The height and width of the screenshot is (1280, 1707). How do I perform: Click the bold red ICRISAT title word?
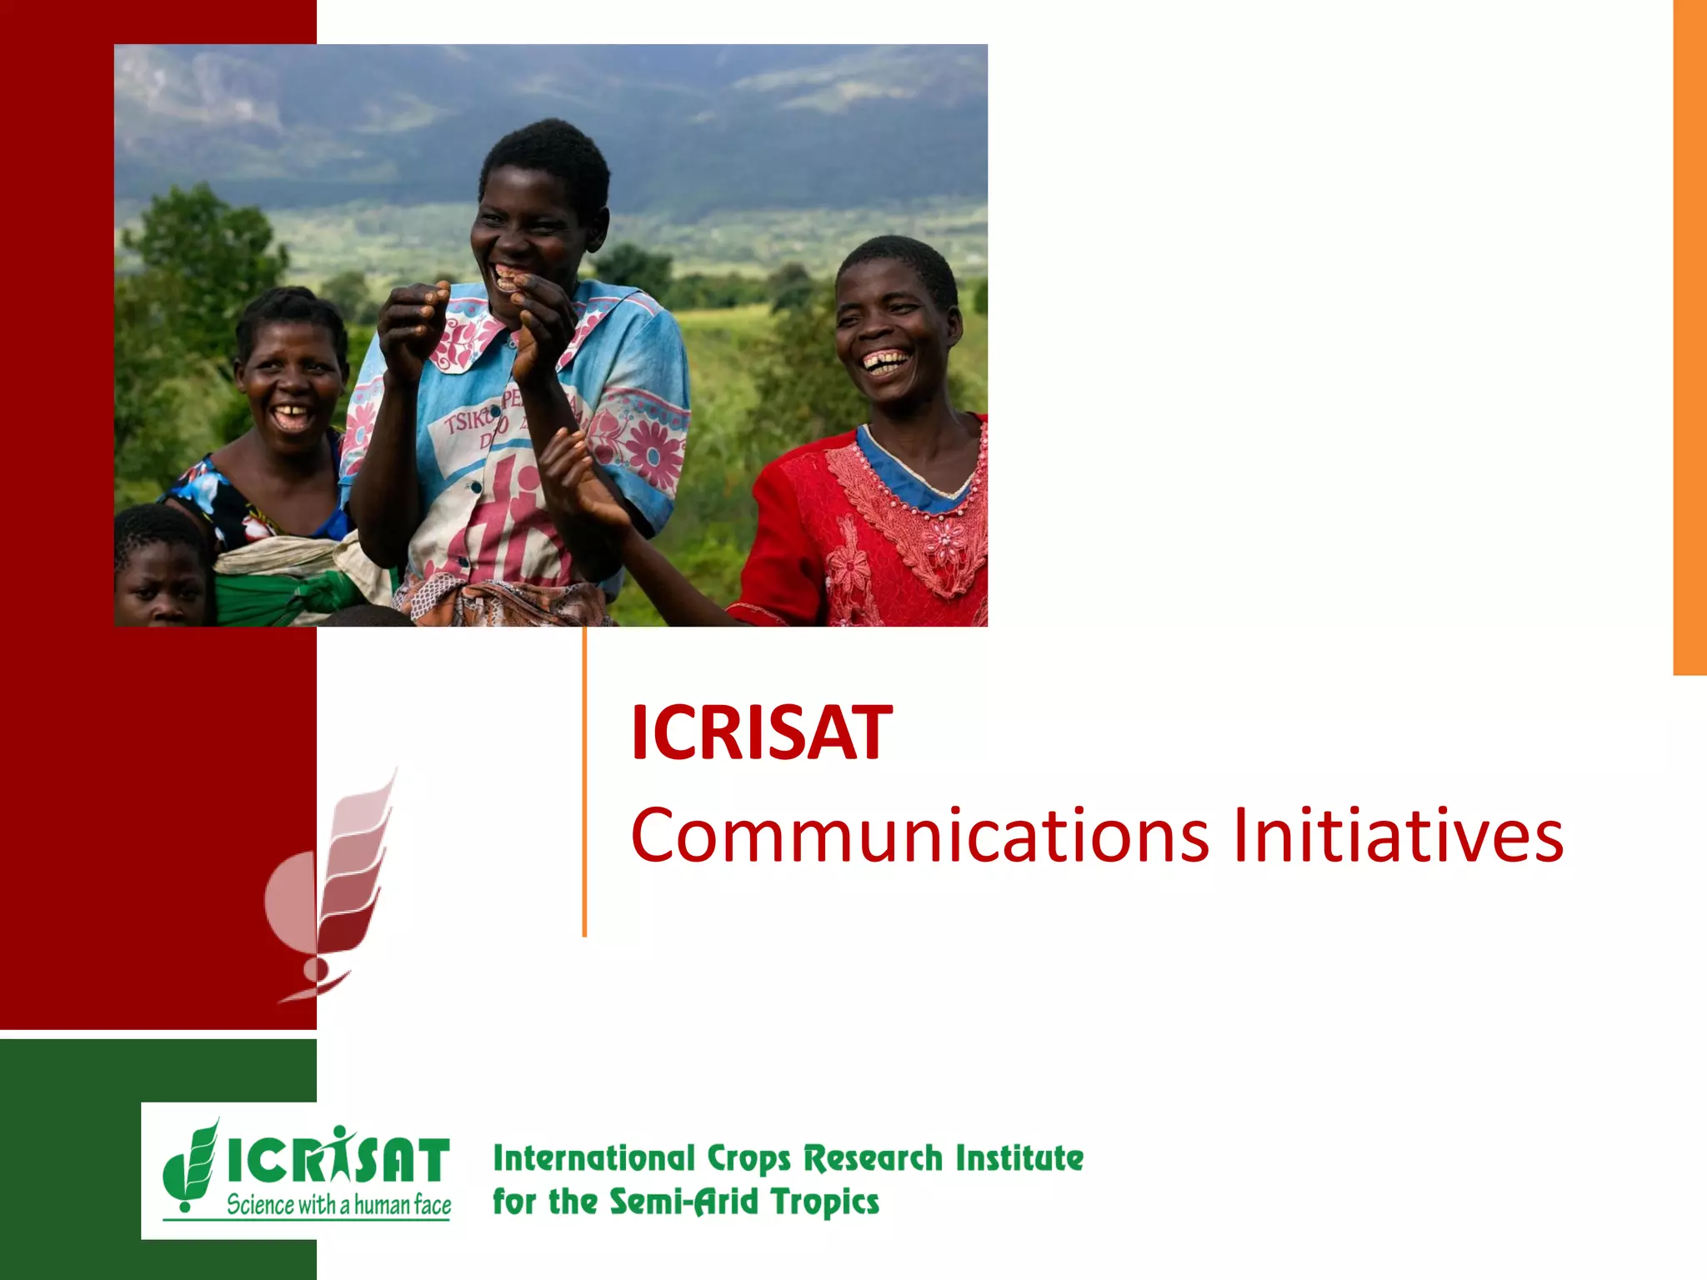tap(761, 733)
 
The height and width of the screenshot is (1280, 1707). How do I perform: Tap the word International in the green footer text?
tap(593, 1158)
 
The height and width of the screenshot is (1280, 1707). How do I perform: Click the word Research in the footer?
tap(873, 1158)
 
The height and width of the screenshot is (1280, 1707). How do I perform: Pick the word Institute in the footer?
tap(1019, 1158)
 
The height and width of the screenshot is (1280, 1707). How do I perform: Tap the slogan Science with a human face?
tap(338, 1205)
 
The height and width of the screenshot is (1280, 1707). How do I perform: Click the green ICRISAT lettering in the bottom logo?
tap(338, 1160)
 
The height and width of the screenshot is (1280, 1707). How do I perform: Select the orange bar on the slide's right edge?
tap(1689, 333)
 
